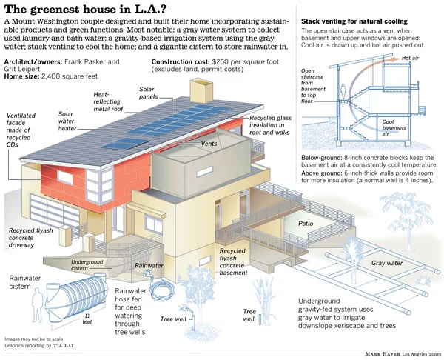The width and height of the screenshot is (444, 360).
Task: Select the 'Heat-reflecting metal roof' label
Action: point(109,101)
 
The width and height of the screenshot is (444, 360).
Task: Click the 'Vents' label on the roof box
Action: point(211,145)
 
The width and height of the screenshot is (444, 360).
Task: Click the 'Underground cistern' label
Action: point(87,265)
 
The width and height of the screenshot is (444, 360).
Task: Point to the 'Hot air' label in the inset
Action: point(411,58)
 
